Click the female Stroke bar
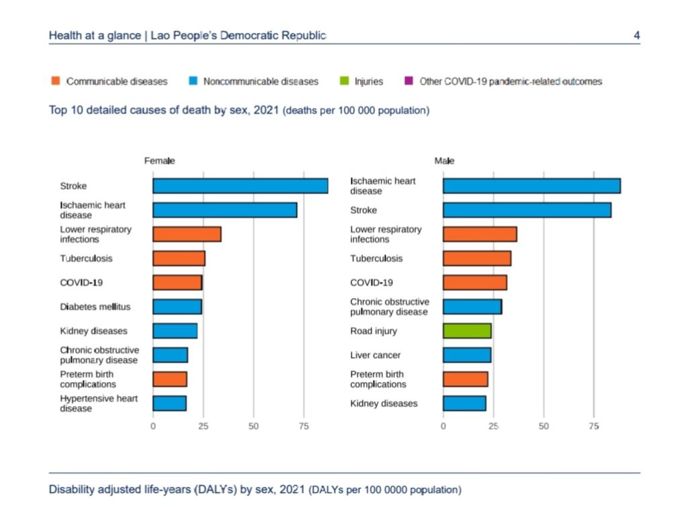pos(240,186)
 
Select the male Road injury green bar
pos(467,331)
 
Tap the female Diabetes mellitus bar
pos(177,307)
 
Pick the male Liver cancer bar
pos(467,355)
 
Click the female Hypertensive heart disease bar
pos(169,403)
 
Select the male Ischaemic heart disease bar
pos(531,186)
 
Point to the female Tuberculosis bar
pos(179,258)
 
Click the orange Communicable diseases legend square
pos(56,81)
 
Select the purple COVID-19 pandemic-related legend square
pos(408,81)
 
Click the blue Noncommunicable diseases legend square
pos(192,81)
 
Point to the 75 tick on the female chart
pos(304,426)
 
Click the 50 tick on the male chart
pos(544,426)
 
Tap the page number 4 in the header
pos(636,35)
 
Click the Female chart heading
pos(159,161)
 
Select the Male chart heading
pos(444,161)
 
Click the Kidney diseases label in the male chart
pos(384,403)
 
